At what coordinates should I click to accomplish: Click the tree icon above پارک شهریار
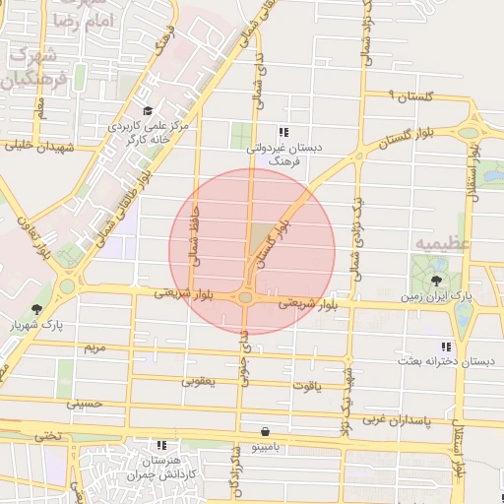click(x=37, y=309)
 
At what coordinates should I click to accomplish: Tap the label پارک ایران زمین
click(x=436, y=295)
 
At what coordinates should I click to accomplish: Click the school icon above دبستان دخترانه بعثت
click(x=446, y=346)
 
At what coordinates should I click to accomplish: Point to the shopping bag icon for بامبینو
click(x=266, y=431)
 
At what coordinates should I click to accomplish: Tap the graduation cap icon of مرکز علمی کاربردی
click(x=148, y=110)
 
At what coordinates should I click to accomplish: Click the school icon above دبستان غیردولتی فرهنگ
click(x=283, y=132)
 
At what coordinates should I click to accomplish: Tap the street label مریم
click(x=94, y=348)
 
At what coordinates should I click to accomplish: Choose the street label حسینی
click(x=85, y=403)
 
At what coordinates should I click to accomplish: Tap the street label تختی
click(x=48, y=434)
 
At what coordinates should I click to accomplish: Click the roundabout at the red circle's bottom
click(x=244, y=297)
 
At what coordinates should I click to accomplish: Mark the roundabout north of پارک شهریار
click(x=67, y=286)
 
